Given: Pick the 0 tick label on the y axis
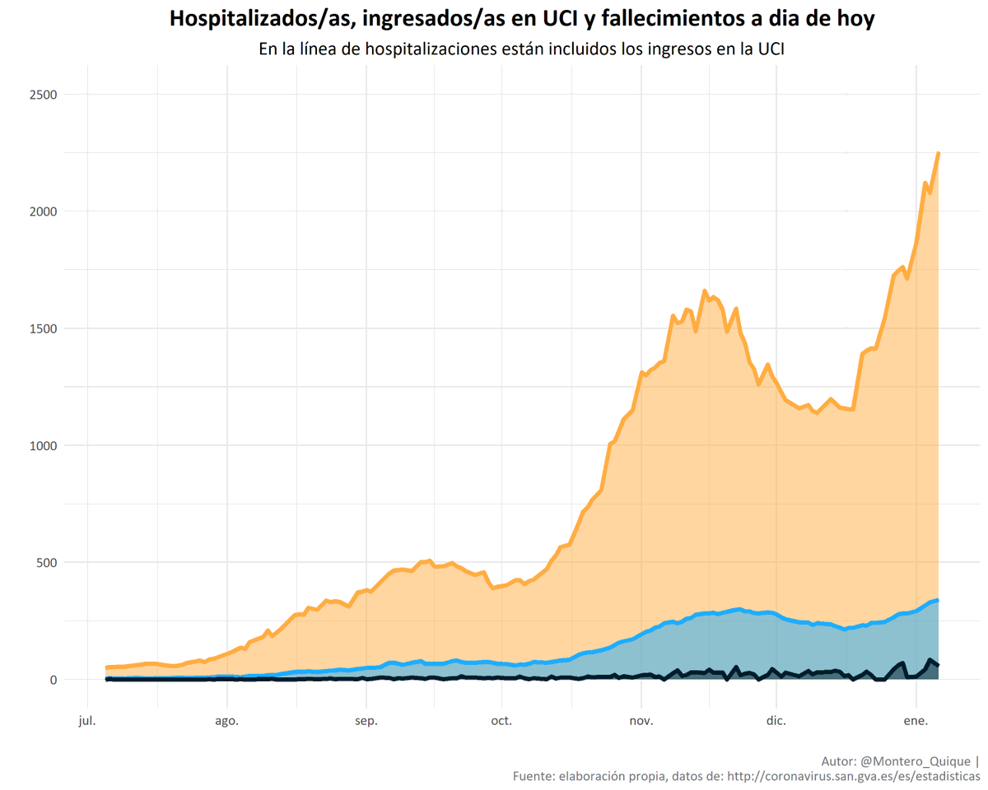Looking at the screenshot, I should coord(53,680).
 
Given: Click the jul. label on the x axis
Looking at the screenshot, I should coord(86,722).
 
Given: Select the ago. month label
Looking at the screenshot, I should coord(226,722).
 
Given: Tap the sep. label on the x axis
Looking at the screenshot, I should coord(366,722).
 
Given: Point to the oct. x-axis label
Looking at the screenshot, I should coord(501,722).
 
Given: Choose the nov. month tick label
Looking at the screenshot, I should coord(641,722).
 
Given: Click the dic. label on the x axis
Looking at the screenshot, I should coord(776,722).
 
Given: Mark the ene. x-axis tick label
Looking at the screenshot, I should coord(916,722).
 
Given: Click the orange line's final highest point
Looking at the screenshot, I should coord(939,153).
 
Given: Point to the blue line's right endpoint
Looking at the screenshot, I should coord(939,601).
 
